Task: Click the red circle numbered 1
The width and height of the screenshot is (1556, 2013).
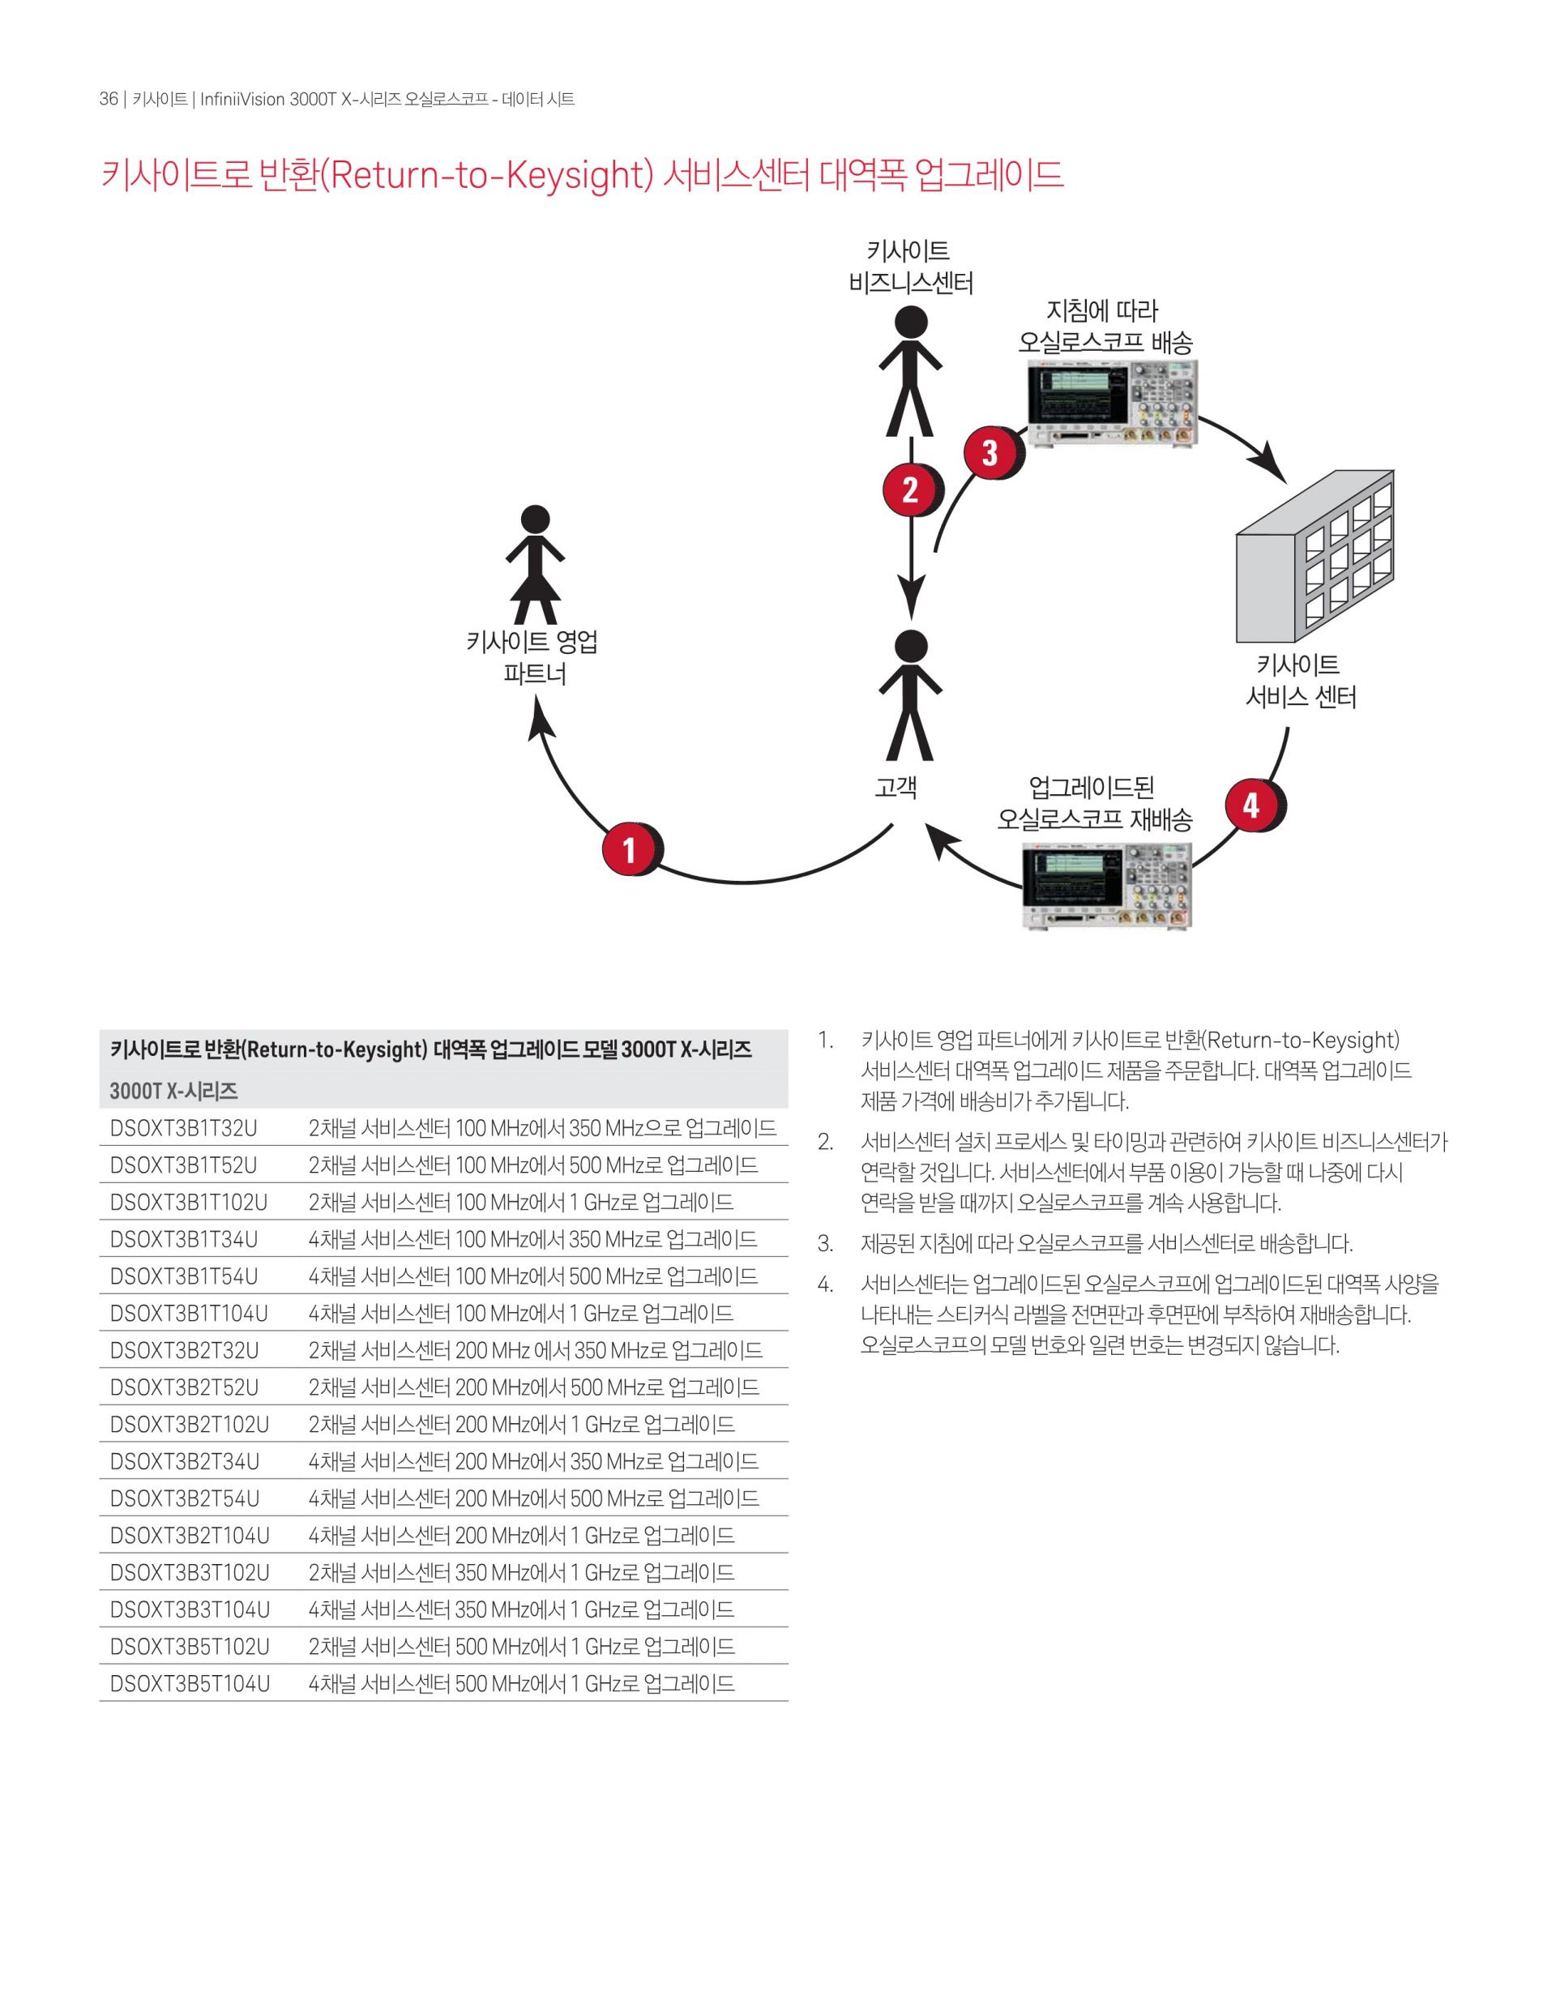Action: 630,849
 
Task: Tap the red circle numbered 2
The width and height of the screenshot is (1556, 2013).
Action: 910,489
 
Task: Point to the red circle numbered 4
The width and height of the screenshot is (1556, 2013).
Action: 1251,806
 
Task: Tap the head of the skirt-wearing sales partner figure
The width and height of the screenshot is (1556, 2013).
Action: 535,519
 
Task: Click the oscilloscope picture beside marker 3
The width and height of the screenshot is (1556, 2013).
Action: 1112,404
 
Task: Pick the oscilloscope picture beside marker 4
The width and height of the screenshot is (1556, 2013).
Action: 1107,886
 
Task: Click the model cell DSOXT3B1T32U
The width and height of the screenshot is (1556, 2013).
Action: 183,1128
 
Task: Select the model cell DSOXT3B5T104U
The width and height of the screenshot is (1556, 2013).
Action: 190,1684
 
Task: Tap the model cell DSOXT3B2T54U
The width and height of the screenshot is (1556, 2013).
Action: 184,1498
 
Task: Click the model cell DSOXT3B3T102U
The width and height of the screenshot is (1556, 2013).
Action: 190,1572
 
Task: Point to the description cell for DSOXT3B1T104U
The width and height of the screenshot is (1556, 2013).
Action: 521,1314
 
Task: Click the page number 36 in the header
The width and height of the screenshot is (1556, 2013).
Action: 109,100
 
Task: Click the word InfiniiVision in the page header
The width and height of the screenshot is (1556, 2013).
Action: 242,100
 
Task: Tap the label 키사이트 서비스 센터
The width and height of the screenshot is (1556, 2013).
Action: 1300,682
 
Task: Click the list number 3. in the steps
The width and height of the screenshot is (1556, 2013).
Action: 826,1244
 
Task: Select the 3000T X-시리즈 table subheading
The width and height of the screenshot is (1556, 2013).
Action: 174,1092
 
